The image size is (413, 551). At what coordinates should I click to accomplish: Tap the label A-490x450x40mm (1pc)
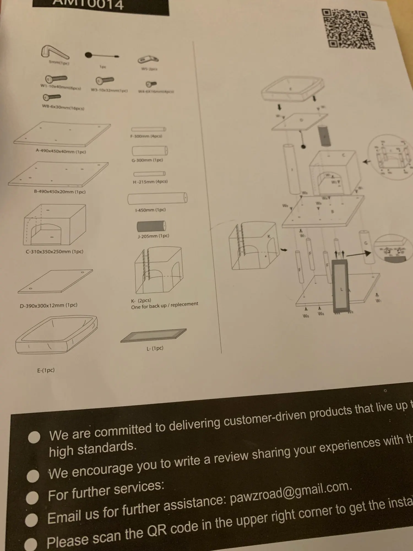[x=61, y=152]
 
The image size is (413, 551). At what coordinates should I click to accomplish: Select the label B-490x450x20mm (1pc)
[x=60, y=192]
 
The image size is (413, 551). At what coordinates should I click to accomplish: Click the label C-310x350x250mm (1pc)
[x=55, y=252]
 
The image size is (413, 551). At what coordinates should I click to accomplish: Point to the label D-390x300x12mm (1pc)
[x=48, y=305]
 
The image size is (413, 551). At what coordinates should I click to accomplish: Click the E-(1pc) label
[x=46, y=370]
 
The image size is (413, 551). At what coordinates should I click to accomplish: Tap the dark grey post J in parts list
[x=151, y=226]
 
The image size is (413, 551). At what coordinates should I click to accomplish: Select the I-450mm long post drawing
[x=157, y=199]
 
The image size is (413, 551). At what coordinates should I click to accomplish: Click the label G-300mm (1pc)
[x=147, y=160]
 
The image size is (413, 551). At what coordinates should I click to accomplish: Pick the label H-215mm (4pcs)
[x=150, y=182]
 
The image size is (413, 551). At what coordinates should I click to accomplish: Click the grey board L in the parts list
[x=154, y=336]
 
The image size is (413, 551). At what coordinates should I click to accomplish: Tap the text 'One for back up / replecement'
[x=164, y=305]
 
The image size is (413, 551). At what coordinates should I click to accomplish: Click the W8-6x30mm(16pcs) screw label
[x=63, y=107]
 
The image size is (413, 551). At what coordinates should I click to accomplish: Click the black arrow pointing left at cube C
[x=366, y=162]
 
